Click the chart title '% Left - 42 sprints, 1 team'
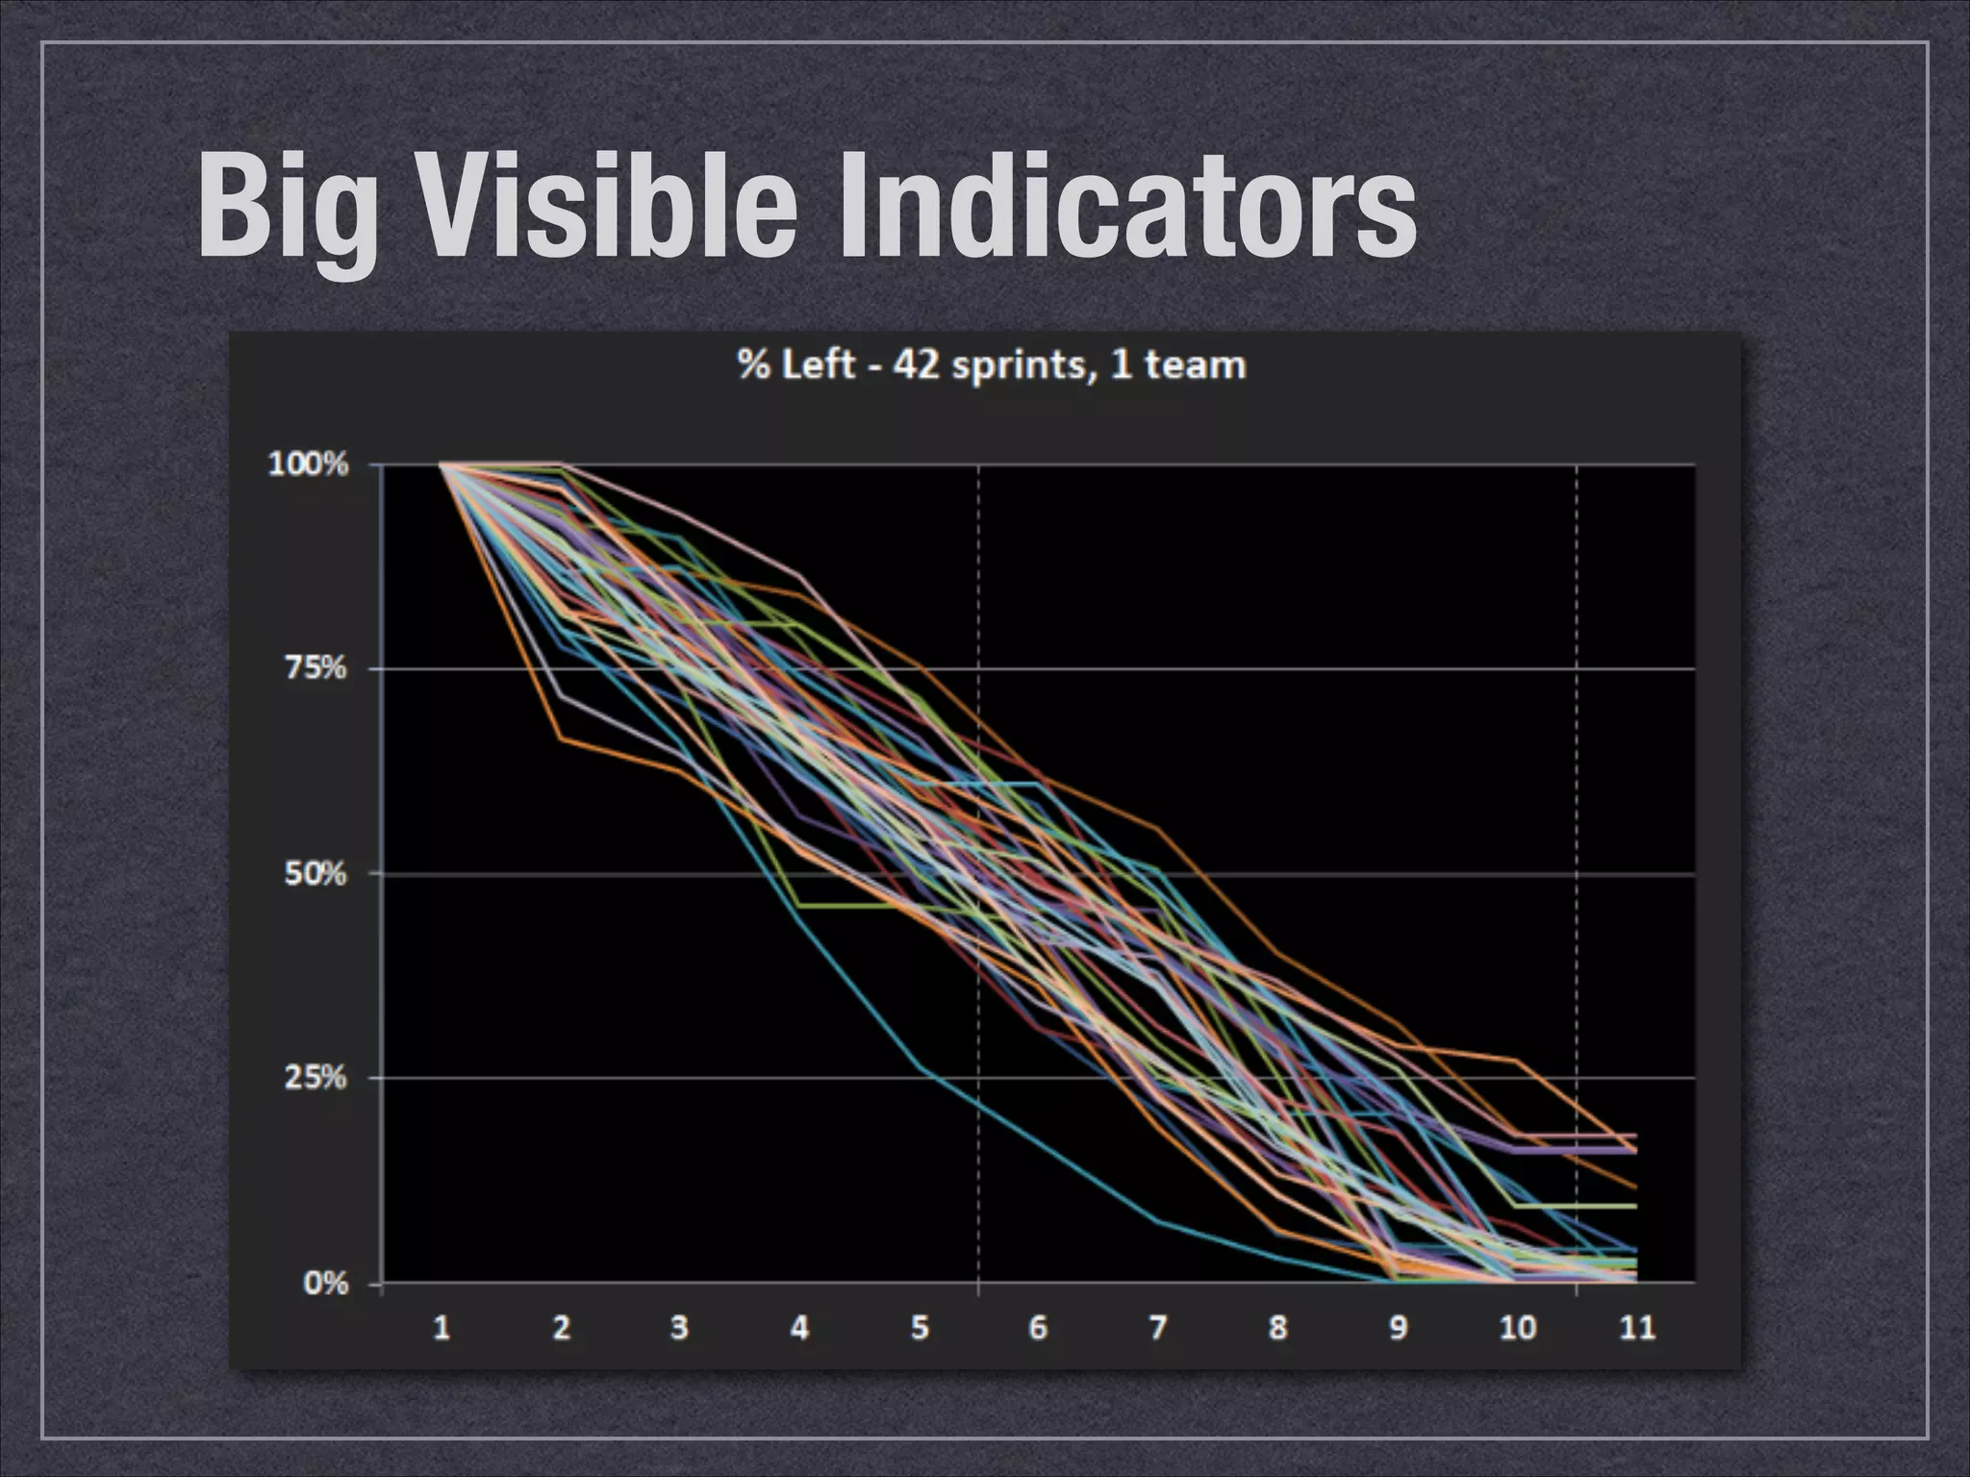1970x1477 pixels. (x=991, y=365)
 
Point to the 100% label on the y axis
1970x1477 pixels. (x=307, y=464)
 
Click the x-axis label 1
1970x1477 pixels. (x=442, y=1328)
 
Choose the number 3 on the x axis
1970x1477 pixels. (x=679, y=1328)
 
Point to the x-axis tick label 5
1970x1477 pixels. (x=920, y=1328)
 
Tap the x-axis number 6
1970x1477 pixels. (x=1038, y=1328)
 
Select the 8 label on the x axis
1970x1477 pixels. (x=1277, y=1328)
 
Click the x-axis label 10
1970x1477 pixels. (x=1517, y=1328)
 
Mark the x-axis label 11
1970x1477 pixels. (x=1636, y=1328)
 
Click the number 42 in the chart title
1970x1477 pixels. (x=916, y=365)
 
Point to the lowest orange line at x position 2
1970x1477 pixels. (x=561, y=738)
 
